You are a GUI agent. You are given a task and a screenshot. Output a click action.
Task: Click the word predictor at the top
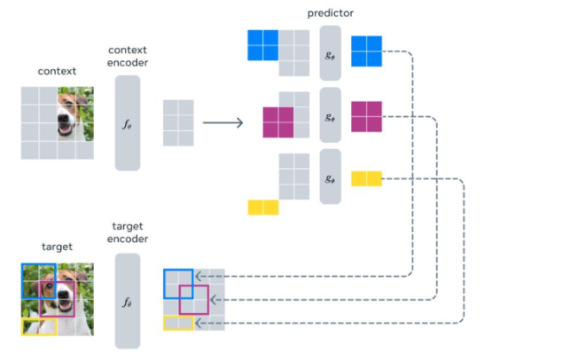[330, 12]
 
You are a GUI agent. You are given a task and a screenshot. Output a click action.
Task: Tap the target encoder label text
[128, 231]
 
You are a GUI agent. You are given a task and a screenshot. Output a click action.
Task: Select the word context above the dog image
[57, 71]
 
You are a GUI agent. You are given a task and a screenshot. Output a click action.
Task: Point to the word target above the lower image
[57, 247]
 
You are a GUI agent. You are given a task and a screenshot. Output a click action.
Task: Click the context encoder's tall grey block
[128, 123]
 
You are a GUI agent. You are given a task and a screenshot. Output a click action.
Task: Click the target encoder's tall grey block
[128, 301]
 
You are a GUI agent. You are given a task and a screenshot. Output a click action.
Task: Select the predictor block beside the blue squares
[330, 52]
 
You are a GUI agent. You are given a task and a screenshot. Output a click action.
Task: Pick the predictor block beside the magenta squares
[330, 114]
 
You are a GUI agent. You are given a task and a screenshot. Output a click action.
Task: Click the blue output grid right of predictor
[366, 51]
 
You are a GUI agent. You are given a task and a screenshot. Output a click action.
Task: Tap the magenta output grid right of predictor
[366, 115]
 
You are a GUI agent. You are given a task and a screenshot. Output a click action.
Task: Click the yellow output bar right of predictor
[366, 179]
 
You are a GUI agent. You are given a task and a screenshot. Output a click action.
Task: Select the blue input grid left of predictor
[263, 45]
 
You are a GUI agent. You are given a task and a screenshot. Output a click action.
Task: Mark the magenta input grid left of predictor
[278, 121]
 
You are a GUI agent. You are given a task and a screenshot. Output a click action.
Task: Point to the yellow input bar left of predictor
[263, 207]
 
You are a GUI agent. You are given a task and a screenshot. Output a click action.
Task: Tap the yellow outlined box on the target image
[38, 326]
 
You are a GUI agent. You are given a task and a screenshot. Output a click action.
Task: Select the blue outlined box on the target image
[38, 280]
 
